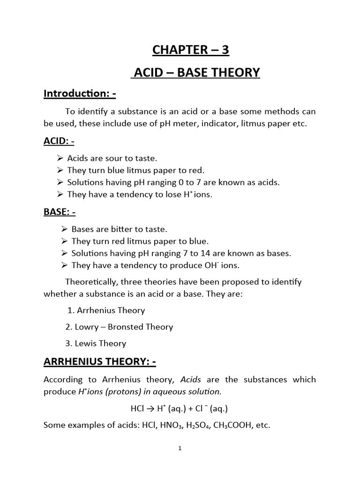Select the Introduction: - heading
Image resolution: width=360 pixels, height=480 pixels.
coord(80,94)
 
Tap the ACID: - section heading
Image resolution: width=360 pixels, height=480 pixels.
coord(60,142)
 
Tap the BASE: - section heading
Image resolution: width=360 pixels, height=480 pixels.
coord(60,212)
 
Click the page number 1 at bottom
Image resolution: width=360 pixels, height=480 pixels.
coord(180,448)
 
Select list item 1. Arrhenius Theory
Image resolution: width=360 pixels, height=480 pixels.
coord(105,310)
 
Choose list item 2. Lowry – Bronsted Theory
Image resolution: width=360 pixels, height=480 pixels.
coord(120,327)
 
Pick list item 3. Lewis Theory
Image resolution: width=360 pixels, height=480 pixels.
coord(96,343)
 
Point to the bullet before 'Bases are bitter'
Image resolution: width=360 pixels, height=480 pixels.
coord(64,229)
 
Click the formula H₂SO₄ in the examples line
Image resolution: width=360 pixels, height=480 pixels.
coord(190,426)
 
